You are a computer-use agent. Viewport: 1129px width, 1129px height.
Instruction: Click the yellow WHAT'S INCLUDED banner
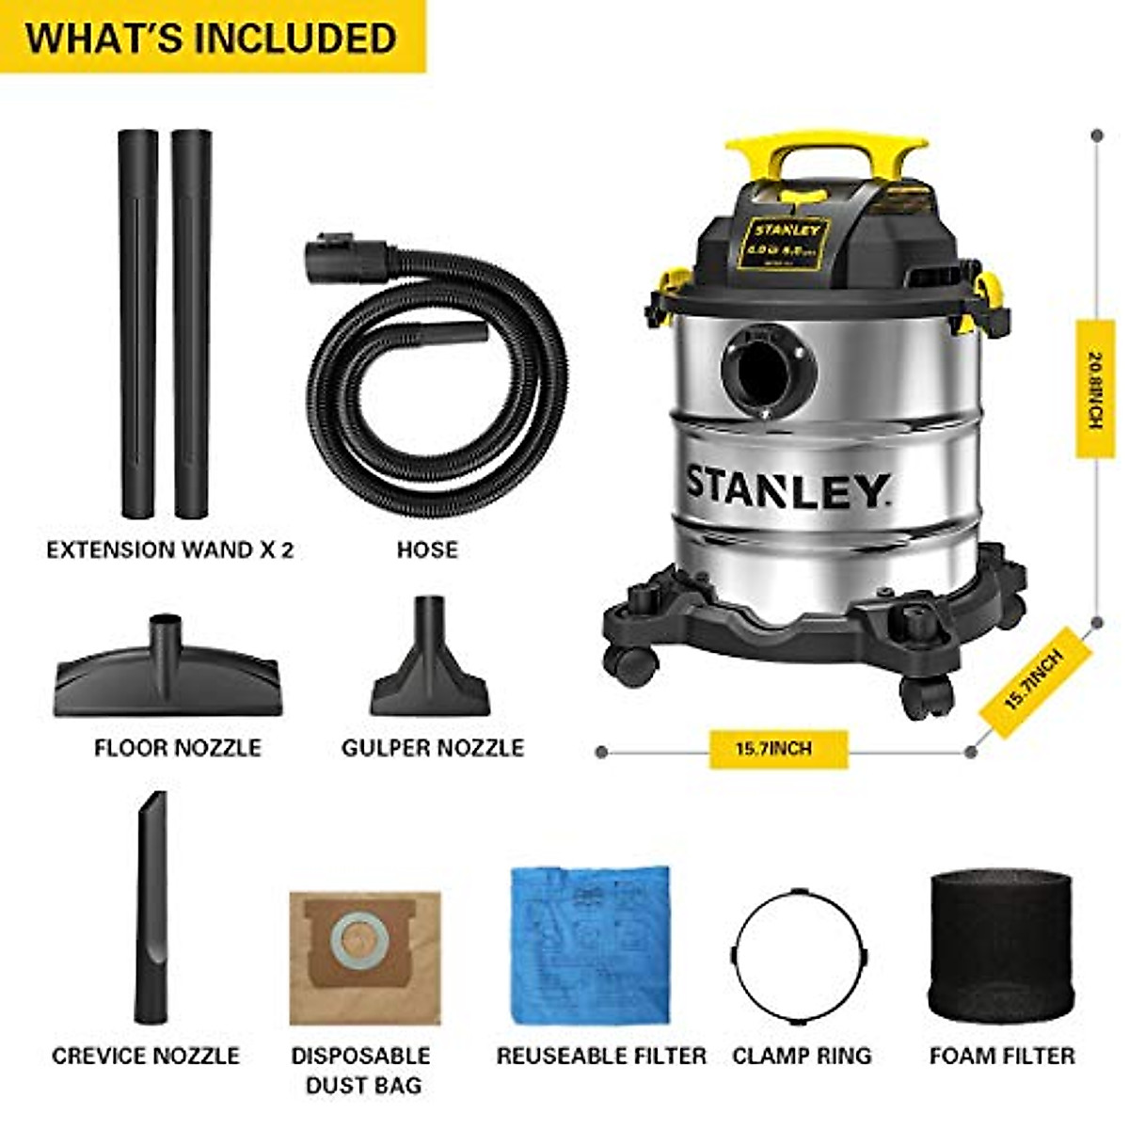click(x=212, y=38)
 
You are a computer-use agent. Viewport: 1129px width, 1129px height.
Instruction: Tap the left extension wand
click(x=138, y=325)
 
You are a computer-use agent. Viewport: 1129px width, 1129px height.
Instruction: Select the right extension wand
click(x=192, y=325)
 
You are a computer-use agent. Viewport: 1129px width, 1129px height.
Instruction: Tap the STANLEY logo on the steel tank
click(x=786, y=486)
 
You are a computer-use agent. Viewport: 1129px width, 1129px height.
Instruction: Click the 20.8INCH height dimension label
click(x=1094, y=390)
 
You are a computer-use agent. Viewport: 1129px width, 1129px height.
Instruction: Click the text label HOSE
click(x=427, y=549)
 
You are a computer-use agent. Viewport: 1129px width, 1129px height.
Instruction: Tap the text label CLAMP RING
click(x=802, y=1056)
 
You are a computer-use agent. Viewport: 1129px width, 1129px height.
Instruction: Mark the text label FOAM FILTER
click(x=1002, y=1056)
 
